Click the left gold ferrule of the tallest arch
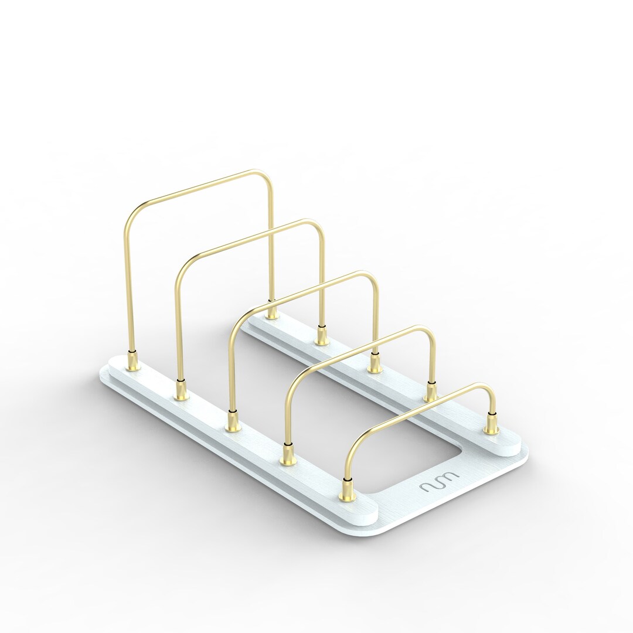(x=132, y=360)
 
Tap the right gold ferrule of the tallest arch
(x=271, y=311)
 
